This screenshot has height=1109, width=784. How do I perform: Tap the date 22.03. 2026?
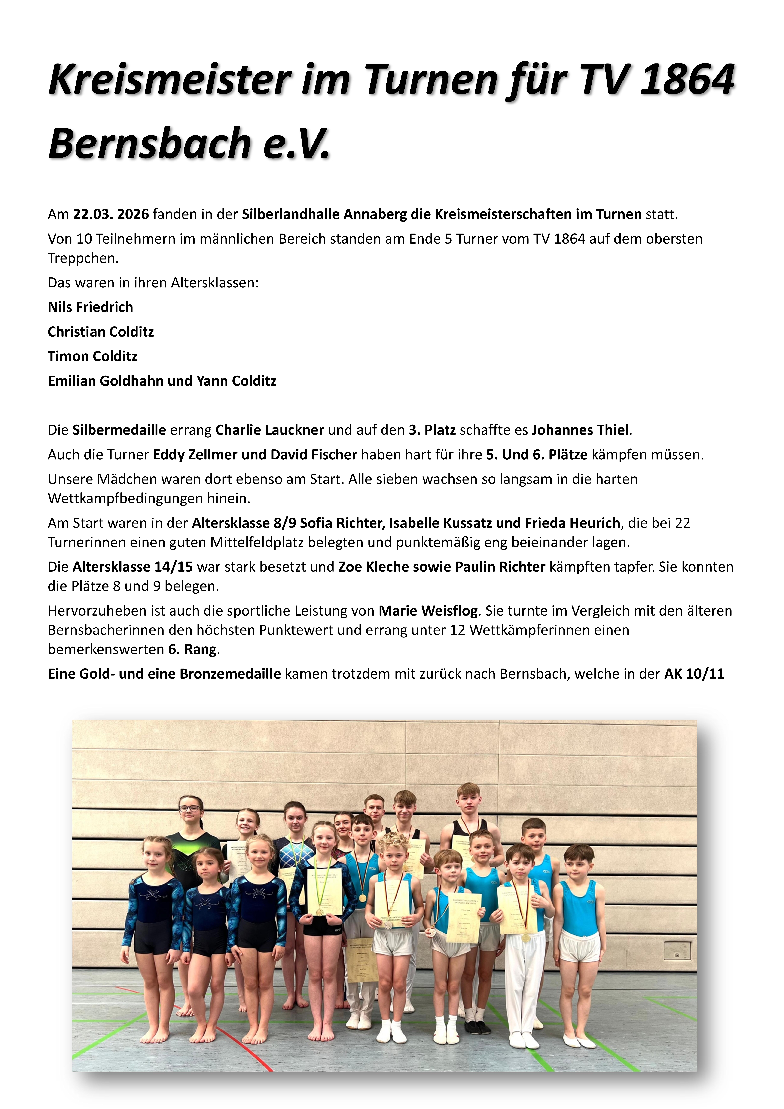coord(111,214)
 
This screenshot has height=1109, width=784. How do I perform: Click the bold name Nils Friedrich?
coord(90,307)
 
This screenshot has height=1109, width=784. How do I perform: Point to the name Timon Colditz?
coord(92,356)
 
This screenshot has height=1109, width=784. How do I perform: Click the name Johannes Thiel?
coord(581,430)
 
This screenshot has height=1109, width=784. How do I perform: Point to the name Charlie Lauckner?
coord(270,430)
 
